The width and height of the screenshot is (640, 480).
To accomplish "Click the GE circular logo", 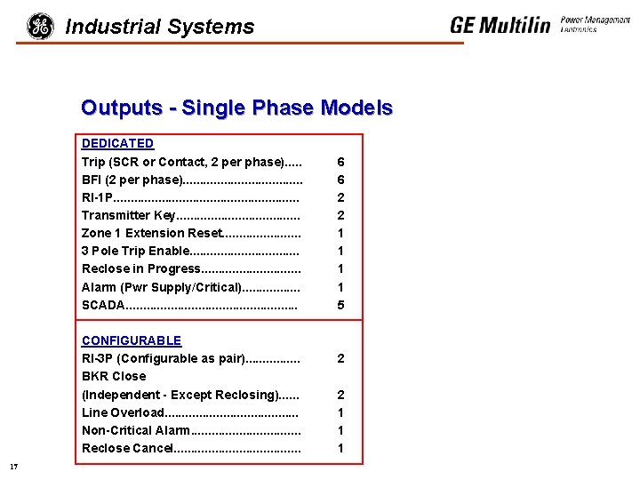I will pos(40,27).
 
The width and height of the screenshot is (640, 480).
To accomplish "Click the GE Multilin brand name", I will pos(500,25).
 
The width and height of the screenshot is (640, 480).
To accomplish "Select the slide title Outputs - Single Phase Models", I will pos(236,108).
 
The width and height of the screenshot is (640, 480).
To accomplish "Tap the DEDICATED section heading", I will pos(117,143).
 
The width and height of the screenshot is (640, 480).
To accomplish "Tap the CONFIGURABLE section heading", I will pos(131,340).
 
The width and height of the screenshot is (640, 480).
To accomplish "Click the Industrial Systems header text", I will pos(160,28).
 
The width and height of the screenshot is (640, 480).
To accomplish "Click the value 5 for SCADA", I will pos(340,305).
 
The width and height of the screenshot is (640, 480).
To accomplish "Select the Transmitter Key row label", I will pos(128,215).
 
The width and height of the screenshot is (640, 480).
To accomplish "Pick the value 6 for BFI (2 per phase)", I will pos(340,180).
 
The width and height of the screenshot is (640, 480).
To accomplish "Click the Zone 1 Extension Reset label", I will pos(151,233).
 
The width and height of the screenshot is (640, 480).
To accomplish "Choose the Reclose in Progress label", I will pos(141,268).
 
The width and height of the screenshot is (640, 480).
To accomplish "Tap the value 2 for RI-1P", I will pos(340,197).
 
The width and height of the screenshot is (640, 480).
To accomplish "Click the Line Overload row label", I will pos(123,412).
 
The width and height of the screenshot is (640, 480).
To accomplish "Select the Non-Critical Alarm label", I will pos(135,430).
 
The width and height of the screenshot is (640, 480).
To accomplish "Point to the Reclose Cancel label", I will pos(127,448).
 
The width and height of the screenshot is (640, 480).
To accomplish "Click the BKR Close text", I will pos(114,376).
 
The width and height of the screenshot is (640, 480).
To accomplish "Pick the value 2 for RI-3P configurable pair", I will pos(340,358).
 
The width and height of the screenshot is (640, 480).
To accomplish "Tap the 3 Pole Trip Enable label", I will pos(135,251).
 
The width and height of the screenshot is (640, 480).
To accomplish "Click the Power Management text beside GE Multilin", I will pos(595,21).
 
